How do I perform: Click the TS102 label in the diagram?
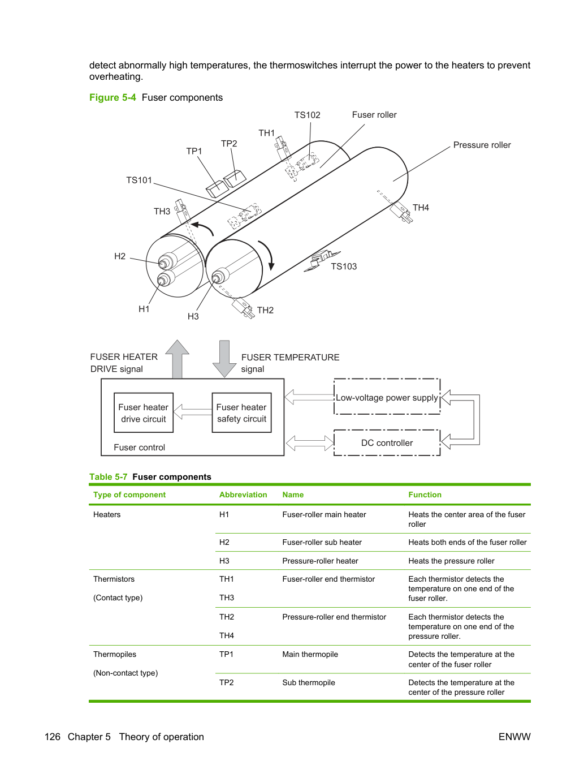[x=307, y=115]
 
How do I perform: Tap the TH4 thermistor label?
[x=421, y=208]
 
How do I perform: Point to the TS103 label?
[x=344, y=267]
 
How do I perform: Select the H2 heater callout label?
[x=120, y=256]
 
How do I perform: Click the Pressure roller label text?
[x=482, y=145]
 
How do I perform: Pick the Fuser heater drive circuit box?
[x=144, y=412]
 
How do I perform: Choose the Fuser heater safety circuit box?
[x=241, y=412]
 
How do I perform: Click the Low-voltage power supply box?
[x=387, y=397]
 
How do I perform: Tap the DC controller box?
[x=387, y=442]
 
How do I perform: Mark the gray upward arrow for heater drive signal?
[x=177, y=359]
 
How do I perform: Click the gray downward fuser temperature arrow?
[x=224, y=359]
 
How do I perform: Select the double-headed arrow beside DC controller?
[x=310, y=443]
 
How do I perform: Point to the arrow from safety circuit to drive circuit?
[x=193, y=412]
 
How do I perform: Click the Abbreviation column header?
[x=243, y=495]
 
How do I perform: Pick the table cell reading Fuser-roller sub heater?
[x=322, y=542]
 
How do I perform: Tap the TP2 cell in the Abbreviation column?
[x=226, y=682]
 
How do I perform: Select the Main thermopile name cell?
[x=310, y=654]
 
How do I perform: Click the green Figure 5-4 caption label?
[x=113, y=97]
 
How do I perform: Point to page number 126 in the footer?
[x=53, y=737]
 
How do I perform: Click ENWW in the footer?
[x=514, y=737]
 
